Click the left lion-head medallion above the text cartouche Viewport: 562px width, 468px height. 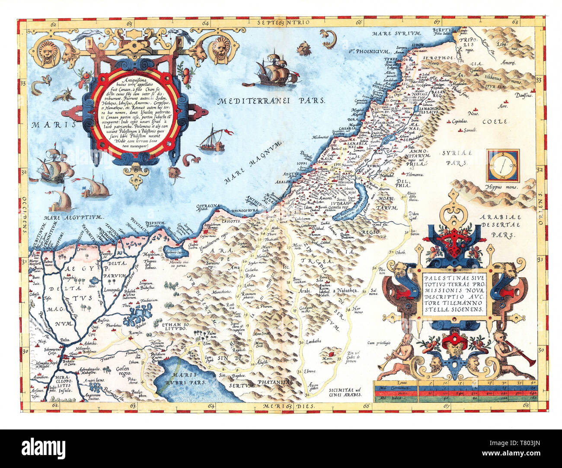point(47,51)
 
